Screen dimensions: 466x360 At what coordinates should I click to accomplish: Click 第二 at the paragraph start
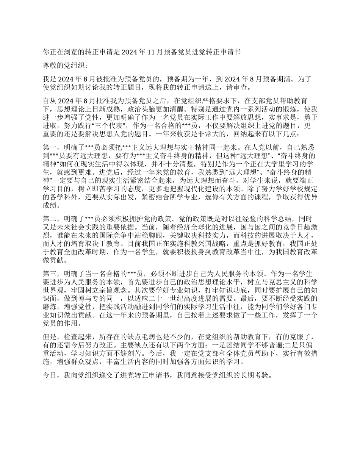click(x=49, y=219)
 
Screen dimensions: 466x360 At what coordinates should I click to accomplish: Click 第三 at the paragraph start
click(x=49, y=274)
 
